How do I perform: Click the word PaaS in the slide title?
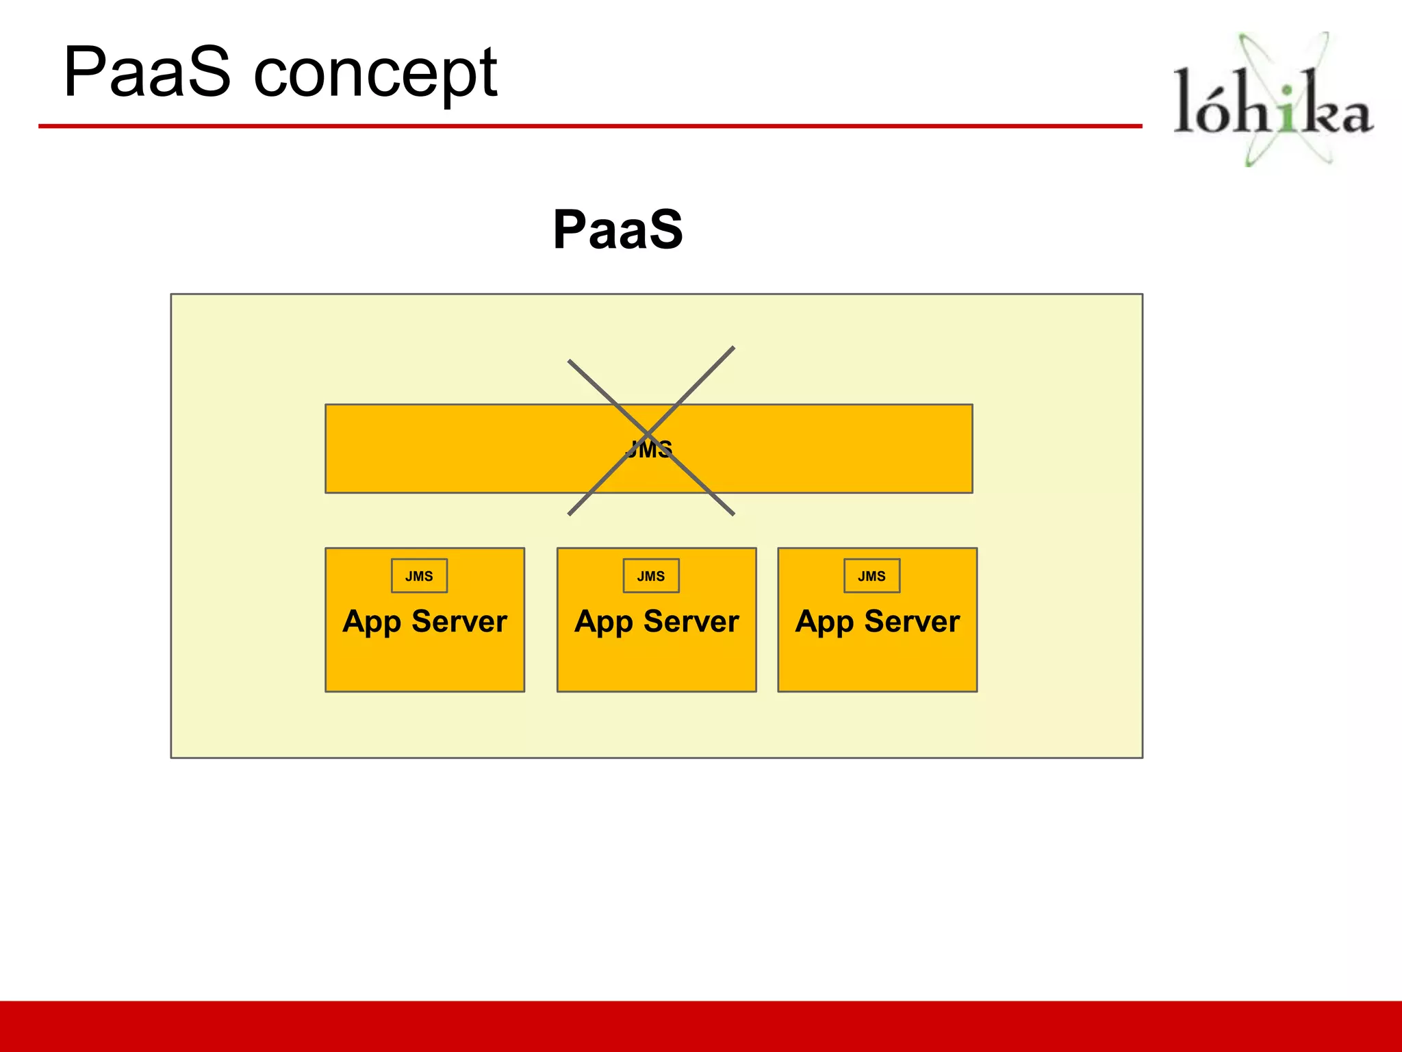pyautogui.click(x=146, y=72)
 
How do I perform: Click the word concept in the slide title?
pyautogui.click(x=375, y=74)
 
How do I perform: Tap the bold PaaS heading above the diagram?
pyautogui.click(x=617, y=229)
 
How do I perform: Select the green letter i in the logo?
pyautogui.click(x=1288, y=110)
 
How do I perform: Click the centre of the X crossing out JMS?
pyautogui.click(x=649, y=433)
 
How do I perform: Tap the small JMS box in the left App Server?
pyautogui.click(x=419, y=576)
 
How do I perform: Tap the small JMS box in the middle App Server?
pyautogui.click(x=651, y=576)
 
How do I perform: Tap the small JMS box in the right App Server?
pyautogui.click(x=871, y=576)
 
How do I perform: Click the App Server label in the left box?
pyautogui.click(x=424, y=621)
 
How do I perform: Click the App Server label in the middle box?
pyautogui.click(x=657, y=621)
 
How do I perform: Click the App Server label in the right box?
pyautogui.click(x=877, y=621)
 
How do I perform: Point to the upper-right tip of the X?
pyautogui.click(x=732, y=349)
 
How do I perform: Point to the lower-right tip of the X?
pyautogui.click(x=732, y=513)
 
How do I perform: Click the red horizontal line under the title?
pyautogui.click(x=589, y=126)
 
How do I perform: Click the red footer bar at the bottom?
pyautogui.click(x=701, y=1026)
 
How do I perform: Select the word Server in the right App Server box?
pyautogui.click(x=912, y=621)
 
